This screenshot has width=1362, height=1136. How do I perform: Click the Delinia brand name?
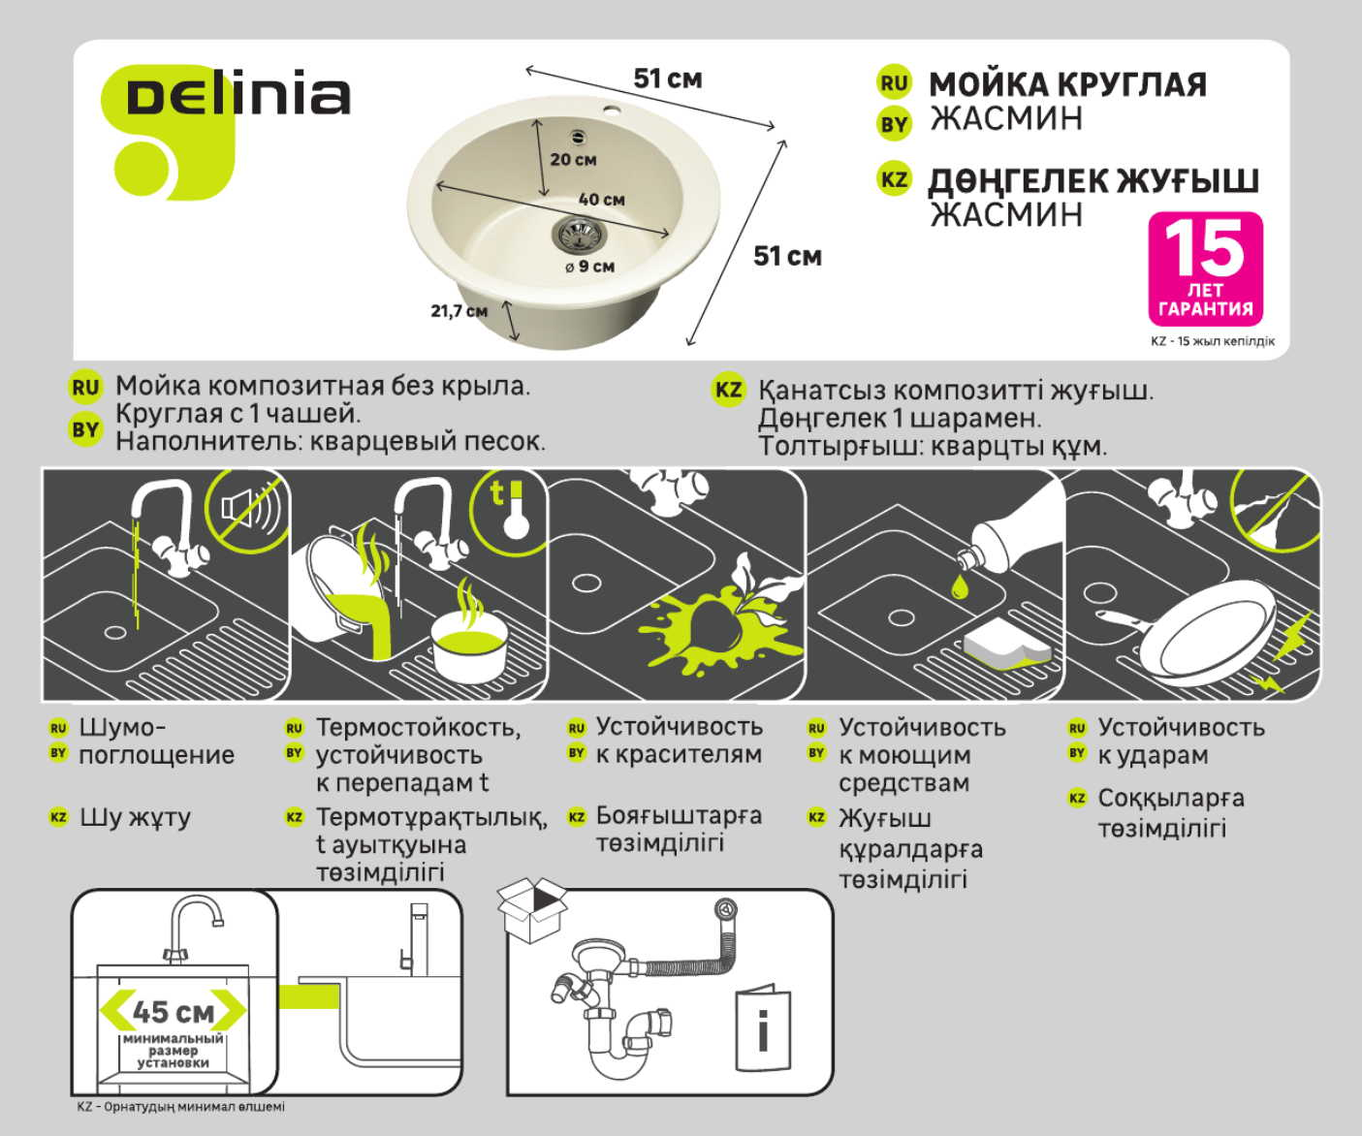coord(238,97)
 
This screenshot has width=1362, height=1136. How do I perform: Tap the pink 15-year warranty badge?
coord(1205,268)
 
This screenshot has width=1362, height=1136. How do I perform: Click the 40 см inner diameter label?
coord(601,200)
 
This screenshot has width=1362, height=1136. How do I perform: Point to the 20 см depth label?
coord(573,160)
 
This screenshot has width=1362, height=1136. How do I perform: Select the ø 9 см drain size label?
coord(590,267)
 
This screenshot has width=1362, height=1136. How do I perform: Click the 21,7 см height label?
coord(459,311)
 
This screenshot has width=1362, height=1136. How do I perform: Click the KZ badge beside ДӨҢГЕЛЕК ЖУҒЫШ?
coord(893,179)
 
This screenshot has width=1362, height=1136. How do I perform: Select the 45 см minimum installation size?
coord(174,1012)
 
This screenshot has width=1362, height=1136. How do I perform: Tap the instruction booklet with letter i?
coord(763,1029)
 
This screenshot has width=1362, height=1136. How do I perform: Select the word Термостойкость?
coord(418,727)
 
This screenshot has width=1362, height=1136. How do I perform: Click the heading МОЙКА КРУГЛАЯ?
coord(1067,84)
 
